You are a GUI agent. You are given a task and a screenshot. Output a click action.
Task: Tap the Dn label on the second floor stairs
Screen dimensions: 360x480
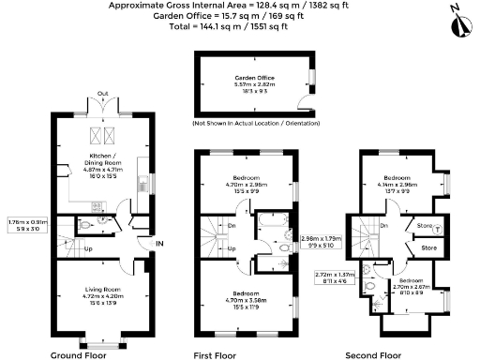[384, 226]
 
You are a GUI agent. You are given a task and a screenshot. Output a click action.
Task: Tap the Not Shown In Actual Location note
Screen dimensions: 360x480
[255, 124]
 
